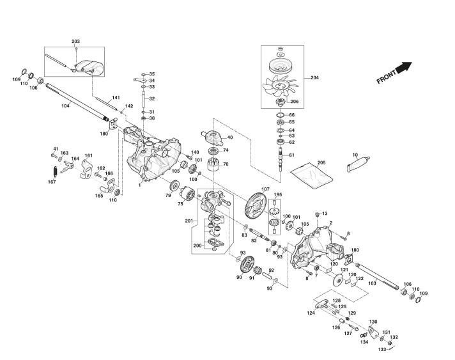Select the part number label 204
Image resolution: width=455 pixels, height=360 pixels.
314,78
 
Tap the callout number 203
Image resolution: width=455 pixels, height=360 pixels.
76,41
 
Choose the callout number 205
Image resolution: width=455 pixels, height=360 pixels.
321,163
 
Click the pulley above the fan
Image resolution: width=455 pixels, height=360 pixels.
280,65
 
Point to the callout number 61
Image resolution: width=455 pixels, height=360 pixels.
291,155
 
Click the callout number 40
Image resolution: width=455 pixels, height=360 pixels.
229,138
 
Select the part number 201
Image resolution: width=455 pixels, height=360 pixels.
189,221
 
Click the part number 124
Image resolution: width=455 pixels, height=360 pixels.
311,313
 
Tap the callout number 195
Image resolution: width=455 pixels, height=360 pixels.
278,194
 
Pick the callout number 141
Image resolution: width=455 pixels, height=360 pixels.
116,98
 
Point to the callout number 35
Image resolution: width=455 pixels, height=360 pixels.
151,74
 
